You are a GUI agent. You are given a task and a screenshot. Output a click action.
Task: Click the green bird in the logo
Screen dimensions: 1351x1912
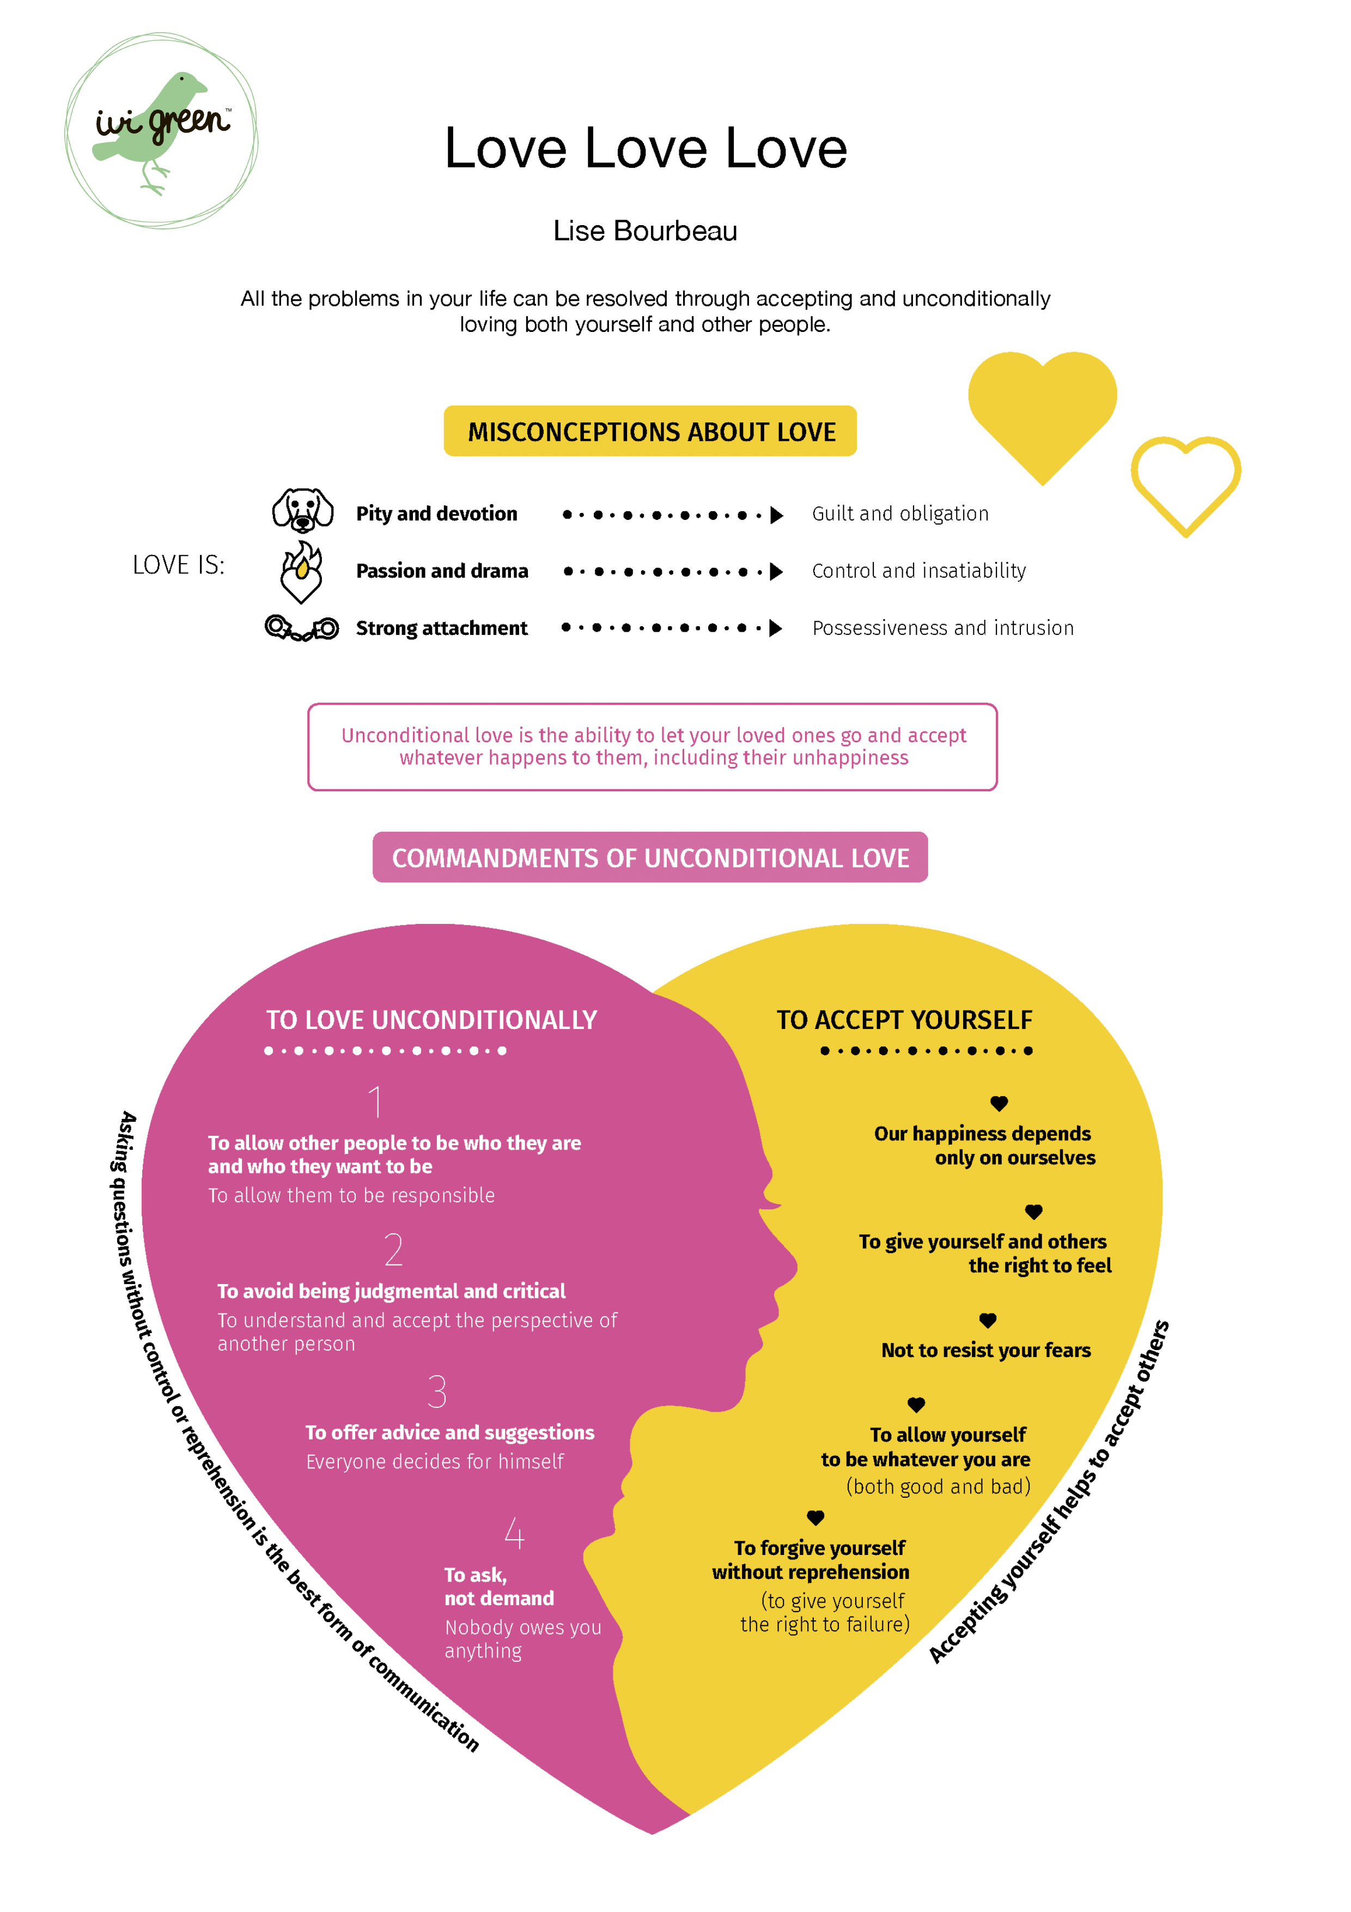pos(154,129)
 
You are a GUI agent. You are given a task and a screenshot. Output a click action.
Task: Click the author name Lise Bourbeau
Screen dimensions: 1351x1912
pos(645,231)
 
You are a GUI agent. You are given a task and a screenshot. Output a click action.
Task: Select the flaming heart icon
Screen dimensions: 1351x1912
pos(301,571)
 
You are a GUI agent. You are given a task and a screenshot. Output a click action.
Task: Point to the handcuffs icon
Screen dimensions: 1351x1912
pos(301,628)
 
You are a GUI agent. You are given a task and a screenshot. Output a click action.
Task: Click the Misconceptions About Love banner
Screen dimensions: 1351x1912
pos(650,431)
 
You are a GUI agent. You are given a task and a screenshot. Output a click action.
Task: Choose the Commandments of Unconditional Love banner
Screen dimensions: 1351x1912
pos(650,857)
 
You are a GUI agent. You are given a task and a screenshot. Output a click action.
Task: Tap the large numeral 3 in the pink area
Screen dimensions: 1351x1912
pos(437,1391)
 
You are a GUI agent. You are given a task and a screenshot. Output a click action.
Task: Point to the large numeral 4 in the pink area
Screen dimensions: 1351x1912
pos(514,1533)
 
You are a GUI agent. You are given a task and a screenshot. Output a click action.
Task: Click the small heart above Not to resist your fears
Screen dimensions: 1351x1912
pos(988,1320)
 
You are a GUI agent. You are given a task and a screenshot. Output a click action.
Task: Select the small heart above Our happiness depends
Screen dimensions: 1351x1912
pos(1000,1103)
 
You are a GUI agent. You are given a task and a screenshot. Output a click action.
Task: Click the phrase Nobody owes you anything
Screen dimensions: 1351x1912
pos(523,1639)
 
